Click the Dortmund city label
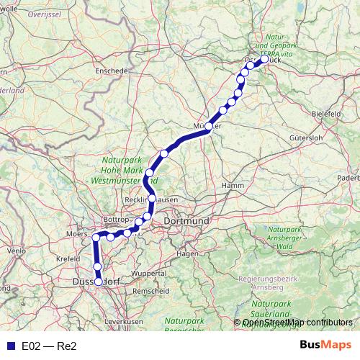point(186,220)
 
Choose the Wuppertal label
point(148,274)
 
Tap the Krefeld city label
point(68,257)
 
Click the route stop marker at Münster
point(209,127)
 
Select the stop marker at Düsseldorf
point(99,282)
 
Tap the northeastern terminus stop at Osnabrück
point(264,60)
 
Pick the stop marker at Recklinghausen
point(153,198)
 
